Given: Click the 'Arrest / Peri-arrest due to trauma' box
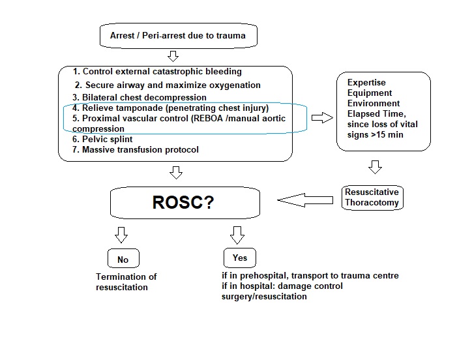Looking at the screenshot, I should point(177,35).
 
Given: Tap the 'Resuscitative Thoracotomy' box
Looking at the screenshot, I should point(372,198).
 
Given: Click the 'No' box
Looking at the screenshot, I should point(123,260).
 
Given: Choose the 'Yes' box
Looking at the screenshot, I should point(239,258).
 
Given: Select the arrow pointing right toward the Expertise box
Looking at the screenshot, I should point(321,118).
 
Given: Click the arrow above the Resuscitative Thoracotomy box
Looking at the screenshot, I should point(375,168).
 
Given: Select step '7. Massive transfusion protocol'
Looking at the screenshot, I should point(136,150).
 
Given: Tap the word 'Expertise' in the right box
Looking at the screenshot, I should point(366,83).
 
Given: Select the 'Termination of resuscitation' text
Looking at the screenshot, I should point(126,282).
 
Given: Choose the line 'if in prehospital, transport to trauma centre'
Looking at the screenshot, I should point(310,276).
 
